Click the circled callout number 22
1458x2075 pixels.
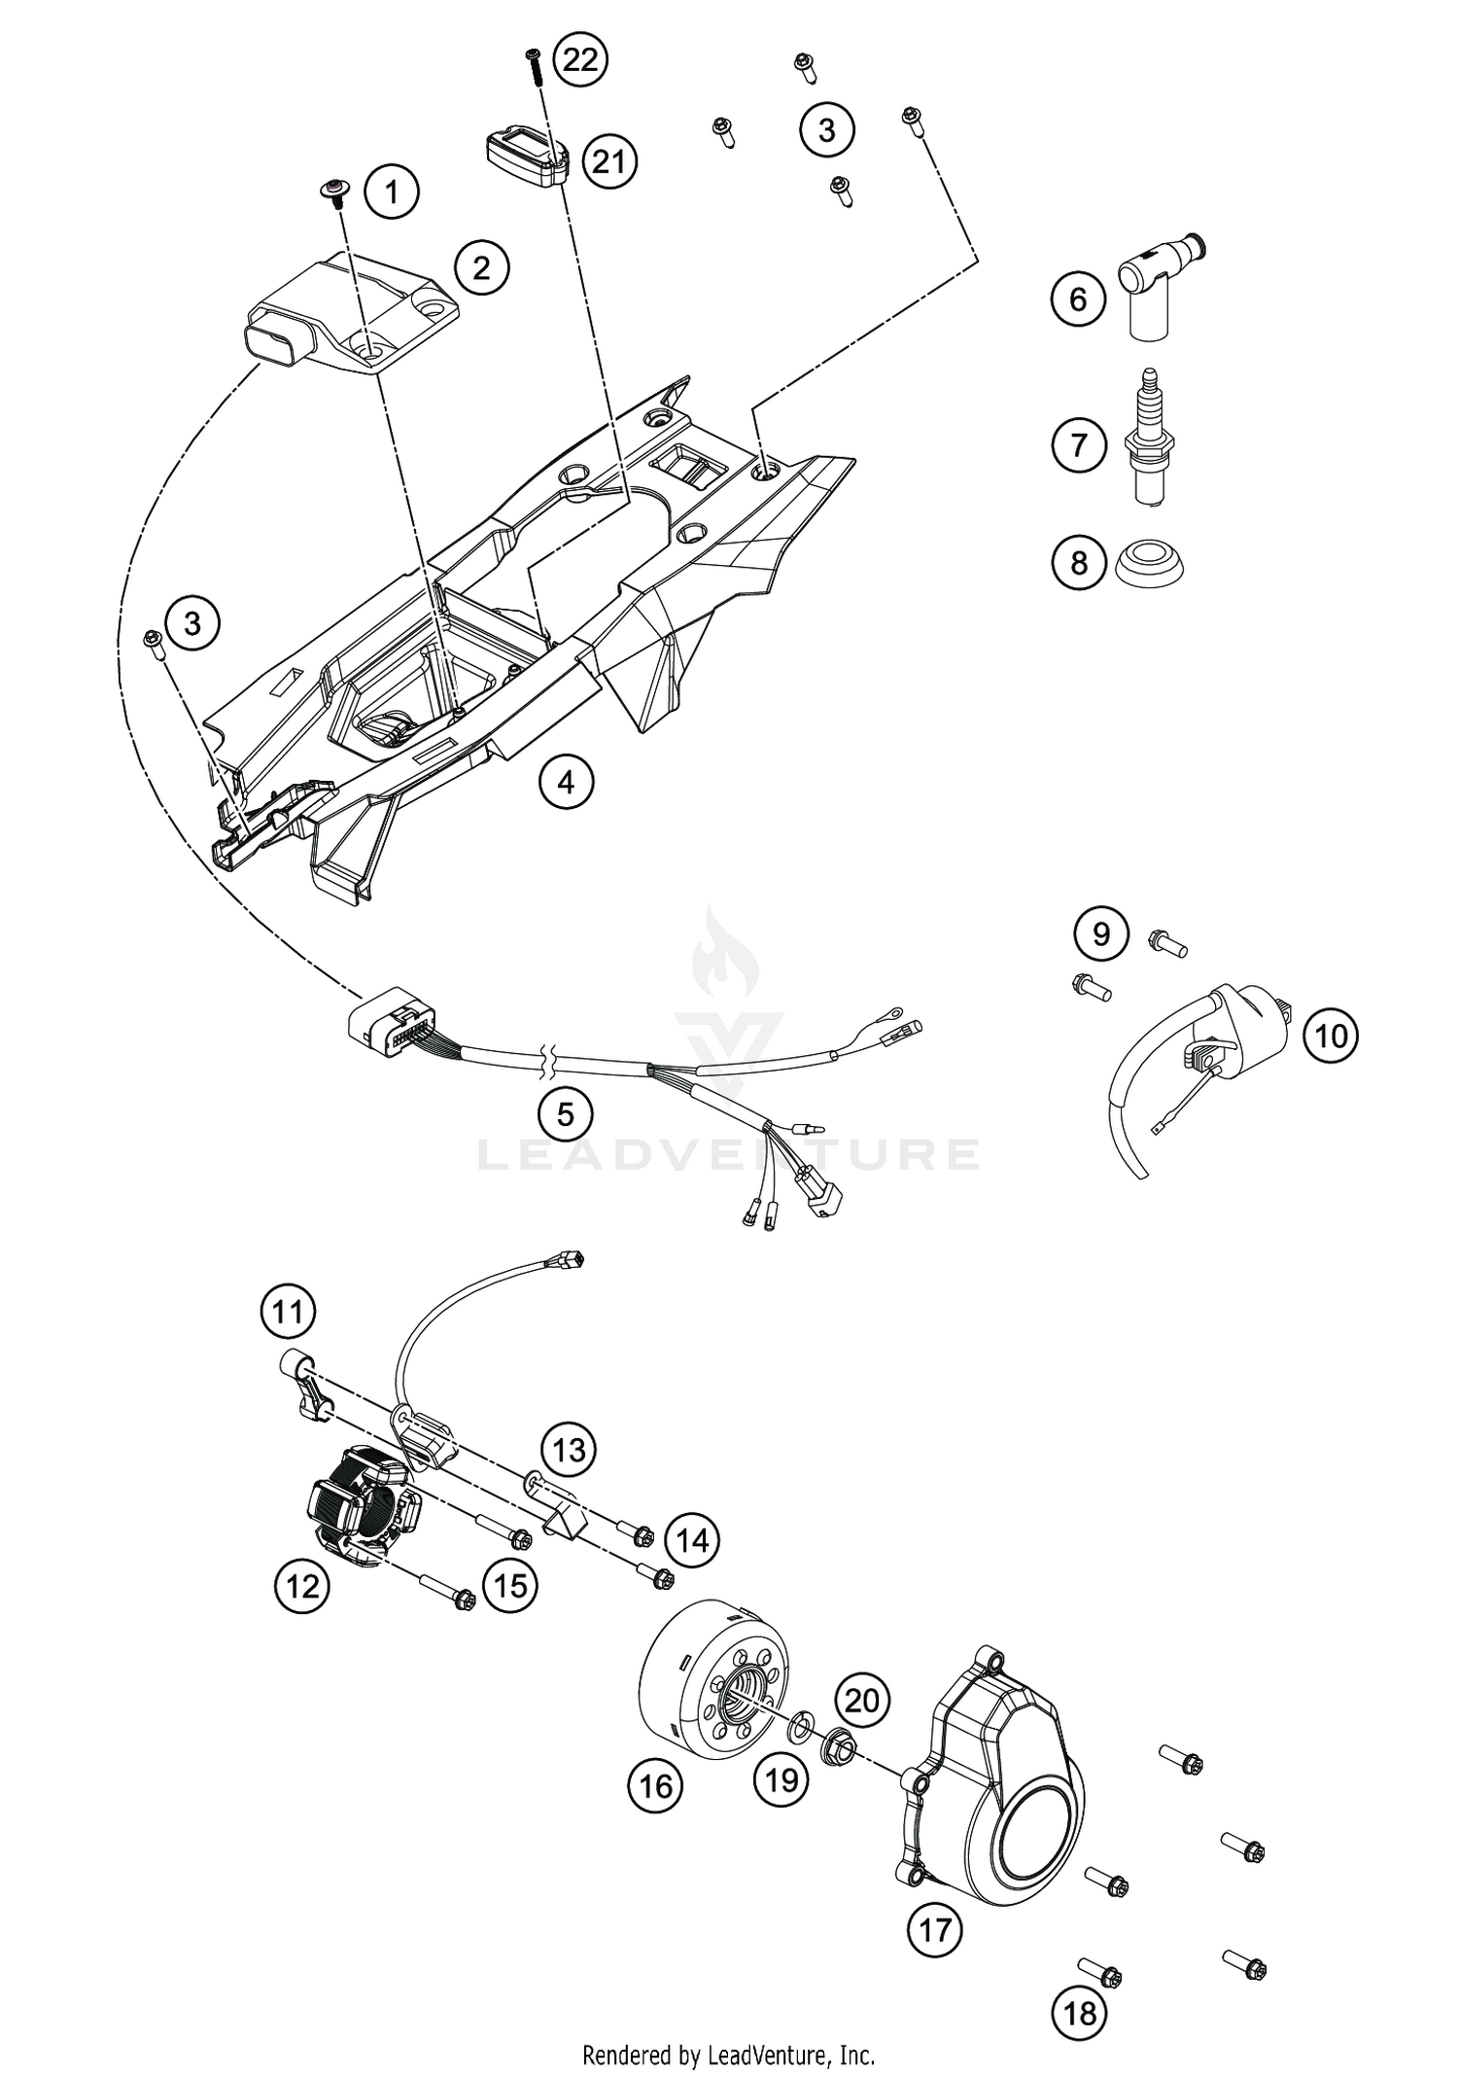tap(580, 60)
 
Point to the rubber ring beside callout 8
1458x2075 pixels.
tap(1149, 563)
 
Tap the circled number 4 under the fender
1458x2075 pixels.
tap(566, 781)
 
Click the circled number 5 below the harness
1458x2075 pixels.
tap(566, 1113)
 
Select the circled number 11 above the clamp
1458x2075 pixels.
tap(288, 1312)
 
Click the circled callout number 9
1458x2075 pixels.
tap(1100, 933)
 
